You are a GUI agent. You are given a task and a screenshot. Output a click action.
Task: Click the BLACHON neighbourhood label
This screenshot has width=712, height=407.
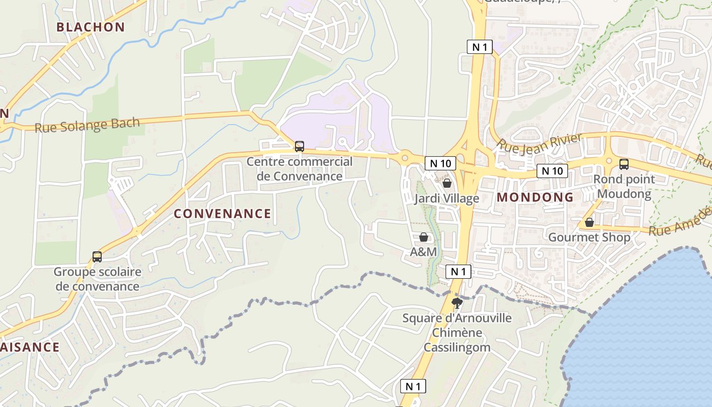click(91, 27)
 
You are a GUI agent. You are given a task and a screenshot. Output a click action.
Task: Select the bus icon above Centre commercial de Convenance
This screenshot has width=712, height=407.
click(300, 147)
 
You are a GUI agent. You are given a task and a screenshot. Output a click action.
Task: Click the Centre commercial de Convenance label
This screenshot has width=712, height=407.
click(300, 169)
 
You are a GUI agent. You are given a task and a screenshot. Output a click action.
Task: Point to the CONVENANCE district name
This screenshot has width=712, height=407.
click(222, 214)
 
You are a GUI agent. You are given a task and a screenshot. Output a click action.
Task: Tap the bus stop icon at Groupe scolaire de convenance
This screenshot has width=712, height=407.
click(97, 257)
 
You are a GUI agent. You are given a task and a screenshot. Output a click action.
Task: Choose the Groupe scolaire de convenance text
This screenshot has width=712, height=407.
click(97, 279)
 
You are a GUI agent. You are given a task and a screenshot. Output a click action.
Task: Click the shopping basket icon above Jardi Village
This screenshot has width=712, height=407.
click(447, 183)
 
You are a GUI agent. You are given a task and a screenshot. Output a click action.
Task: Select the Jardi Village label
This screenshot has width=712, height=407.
click(447, 198)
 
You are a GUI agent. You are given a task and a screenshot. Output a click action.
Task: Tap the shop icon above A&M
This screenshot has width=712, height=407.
click(424, 237)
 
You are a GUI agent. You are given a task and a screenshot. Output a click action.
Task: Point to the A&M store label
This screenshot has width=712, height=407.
click(424, 252)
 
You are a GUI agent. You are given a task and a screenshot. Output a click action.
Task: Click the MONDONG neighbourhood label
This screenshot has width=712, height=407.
click(535, 197)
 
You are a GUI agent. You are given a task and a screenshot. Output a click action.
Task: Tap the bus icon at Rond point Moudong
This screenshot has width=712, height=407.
click(624, 164)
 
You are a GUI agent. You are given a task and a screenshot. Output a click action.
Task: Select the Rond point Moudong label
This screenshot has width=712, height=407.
click(624, 187)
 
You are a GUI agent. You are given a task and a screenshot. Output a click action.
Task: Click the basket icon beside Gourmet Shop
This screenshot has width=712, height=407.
click(589, 222)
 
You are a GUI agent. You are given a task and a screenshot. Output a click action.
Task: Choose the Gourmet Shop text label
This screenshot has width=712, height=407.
click(589, 237)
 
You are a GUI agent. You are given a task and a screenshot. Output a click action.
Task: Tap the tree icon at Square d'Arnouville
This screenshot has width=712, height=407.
click(457, 304)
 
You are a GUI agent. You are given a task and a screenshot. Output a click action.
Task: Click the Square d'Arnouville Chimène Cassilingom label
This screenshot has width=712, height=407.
click(457, 333)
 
